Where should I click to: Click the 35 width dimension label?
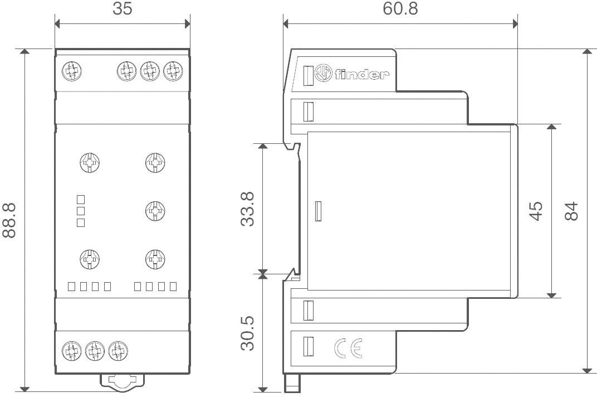coord(123,9)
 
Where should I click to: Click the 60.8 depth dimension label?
coord(399,9)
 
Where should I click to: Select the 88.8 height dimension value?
coord(9,220)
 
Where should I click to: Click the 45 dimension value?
coord(535,211)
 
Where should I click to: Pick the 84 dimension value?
coord(571,211)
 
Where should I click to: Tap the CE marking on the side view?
coord(349,348)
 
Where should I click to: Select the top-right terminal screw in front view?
coord(173,71)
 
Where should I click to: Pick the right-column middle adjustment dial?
coord(154,210)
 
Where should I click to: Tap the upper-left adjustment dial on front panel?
coord(89,163)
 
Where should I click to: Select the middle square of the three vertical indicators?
coord(81,211)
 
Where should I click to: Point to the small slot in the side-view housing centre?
coord(318,211)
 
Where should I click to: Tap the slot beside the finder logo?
coord(306,75)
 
